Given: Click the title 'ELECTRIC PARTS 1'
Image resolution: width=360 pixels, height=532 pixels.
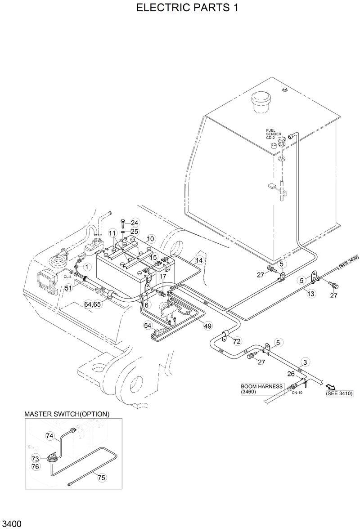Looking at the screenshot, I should pyautogui.click(x=180, y=8).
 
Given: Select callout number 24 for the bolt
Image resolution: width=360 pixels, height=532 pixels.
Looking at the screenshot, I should pyautogui.click(x=135, y=223).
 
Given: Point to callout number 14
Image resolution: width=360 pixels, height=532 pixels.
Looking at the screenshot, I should pyautogui.click(x=199, y=260).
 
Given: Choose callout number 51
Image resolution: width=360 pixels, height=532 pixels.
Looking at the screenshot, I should pyautogui.click(x=68, y=288).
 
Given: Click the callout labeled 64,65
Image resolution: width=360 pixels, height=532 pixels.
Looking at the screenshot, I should pyautogui.click(x=93, y=304).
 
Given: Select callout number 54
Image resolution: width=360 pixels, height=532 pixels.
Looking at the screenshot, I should pyautogui.click(x=148, y=325).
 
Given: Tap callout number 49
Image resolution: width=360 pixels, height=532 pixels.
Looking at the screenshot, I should pyautogui.click(x=207, y=326).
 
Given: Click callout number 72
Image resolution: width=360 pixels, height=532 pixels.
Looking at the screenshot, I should pyautogui.click(x=237, y=342).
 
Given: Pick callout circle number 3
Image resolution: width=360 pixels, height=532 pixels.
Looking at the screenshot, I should pyautogui.click(x=305, y=362).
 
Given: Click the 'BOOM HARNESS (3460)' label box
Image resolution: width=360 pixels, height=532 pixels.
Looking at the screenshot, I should pyautogui.click(x=261, y=389).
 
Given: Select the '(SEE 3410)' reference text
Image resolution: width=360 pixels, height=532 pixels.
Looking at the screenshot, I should pyautogui.click(x=339, y=394).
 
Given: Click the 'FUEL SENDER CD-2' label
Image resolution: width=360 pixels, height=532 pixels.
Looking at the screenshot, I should pyautogui.click(x=274, y=134).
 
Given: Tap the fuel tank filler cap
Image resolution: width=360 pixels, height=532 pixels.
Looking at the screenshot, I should pyautogui.click(x=261, y=101).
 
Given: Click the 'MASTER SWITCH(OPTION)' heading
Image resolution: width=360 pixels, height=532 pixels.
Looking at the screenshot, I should pyautogui.click(x=67, y=414).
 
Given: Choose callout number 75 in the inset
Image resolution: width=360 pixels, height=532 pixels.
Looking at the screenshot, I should pyautogui.click(x=102, y=478).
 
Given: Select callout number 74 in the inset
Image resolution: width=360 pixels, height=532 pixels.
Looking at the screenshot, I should pyautogui.click(x=49, y=435).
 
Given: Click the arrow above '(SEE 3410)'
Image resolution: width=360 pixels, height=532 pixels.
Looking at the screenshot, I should pyautogui.click(x=331, y=387).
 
